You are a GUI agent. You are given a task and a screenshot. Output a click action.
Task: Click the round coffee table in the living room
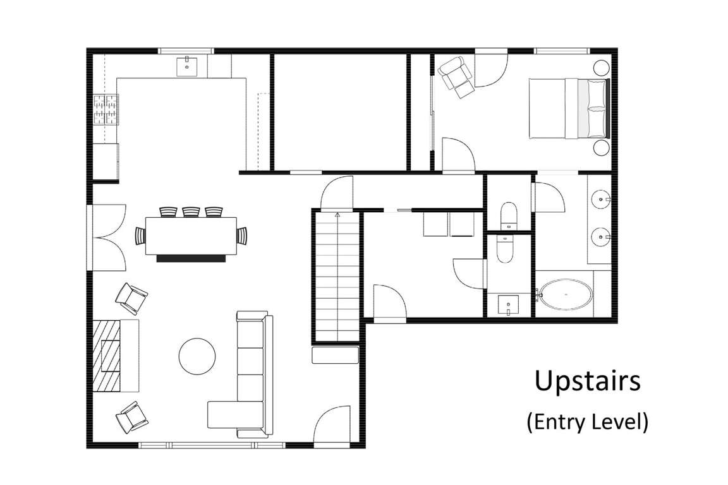click(197, 356)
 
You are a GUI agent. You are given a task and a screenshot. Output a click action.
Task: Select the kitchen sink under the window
click(187, 66)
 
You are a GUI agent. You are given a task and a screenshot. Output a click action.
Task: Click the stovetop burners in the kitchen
click(106, 109)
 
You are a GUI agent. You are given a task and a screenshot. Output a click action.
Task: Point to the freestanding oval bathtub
click(566, 294)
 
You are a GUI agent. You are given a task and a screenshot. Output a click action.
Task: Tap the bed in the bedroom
click(569, 109)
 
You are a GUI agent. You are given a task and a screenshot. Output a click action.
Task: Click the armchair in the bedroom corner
click(456, 76)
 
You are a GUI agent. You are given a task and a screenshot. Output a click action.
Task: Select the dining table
click(191, 236)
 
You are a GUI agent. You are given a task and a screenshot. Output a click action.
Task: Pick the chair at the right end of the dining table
click(243, 236)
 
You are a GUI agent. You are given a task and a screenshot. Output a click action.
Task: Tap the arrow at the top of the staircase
click(337, 215)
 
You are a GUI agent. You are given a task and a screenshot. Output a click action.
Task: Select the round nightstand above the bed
click(601, 68)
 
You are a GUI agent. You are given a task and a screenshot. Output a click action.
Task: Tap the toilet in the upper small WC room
click(509, 215)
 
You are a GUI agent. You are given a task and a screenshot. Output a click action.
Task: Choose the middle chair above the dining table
click(191, 212)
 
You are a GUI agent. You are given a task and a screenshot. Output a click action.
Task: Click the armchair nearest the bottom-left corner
click(131, 417)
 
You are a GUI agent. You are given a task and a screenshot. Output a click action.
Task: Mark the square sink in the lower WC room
click(508, 304)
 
